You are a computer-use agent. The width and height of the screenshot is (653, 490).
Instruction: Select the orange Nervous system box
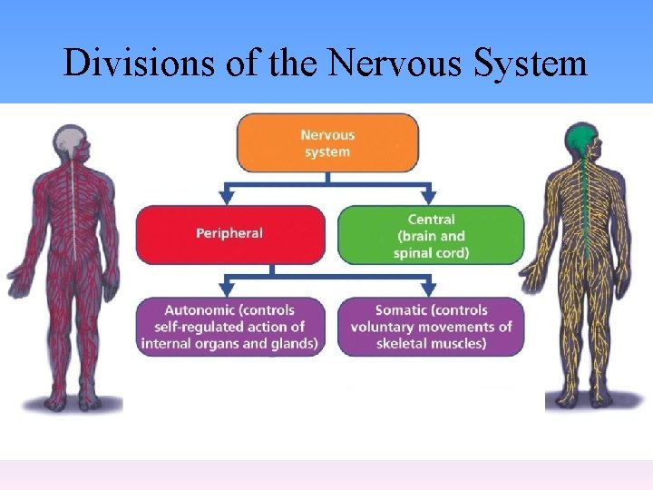327,142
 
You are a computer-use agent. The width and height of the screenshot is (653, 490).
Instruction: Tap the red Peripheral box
229,234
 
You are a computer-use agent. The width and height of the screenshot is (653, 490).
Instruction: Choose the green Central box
431,234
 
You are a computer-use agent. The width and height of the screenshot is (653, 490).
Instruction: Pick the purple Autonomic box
229,327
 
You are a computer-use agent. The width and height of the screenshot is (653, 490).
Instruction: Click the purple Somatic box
431,327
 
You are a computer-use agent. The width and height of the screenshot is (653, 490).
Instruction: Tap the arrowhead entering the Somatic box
429,289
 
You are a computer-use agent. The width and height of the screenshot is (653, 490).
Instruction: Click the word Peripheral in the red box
229,233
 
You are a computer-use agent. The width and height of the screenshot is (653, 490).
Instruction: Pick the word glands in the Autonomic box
293,344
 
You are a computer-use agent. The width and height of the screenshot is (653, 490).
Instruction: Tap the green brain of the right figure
581,137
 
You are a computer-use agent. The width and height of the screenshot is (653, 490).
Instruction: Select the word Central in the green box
431,220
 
